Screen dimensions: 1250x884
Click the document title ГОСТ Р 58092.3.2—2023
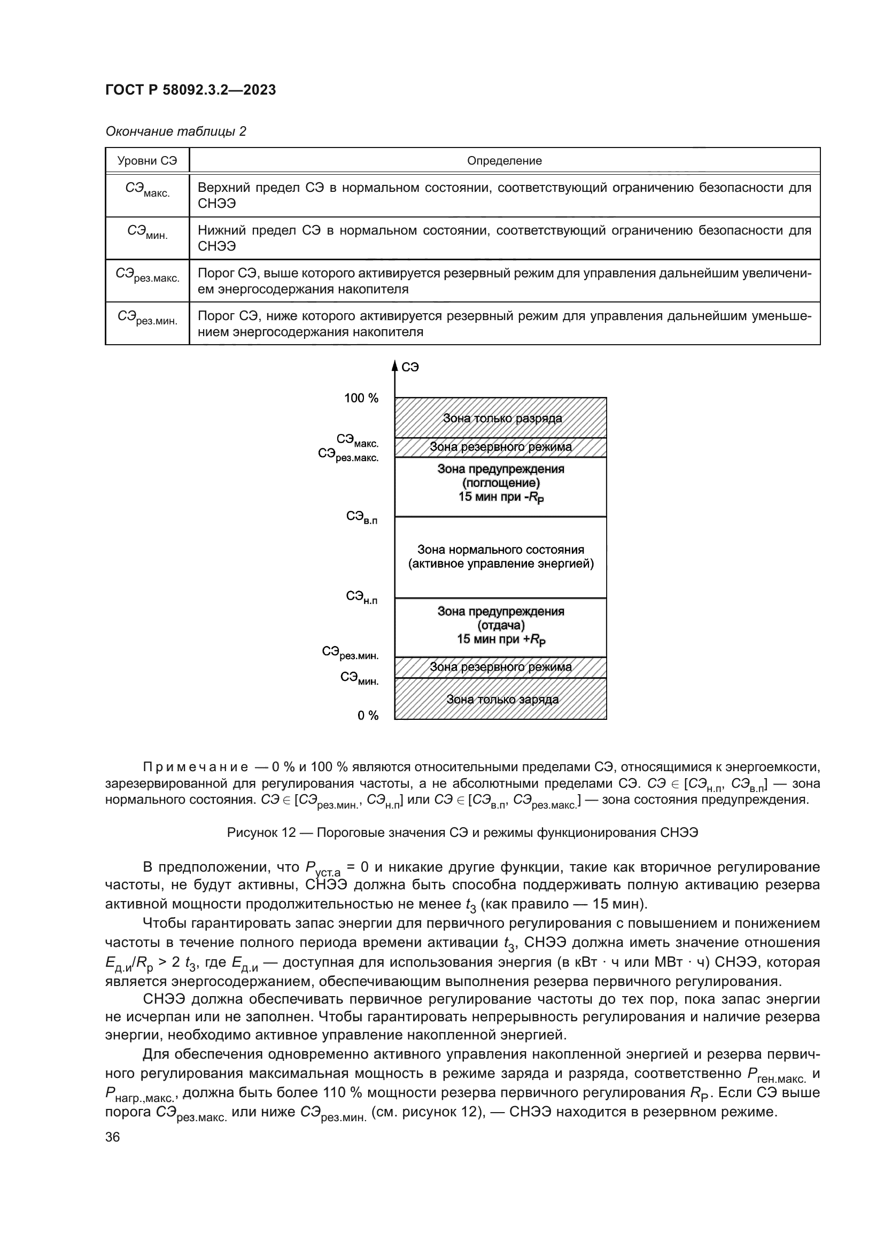(190, 90)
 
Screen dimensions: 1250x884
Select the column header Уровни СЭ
(147, 161)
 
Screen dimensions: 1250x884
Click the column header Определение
(504, 161)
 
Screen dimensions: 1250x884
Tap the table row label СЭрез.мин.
(147, 318)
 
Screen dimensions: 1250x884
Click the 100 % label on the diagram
(361, 399)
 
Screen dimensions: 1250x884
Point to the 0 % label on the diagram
(367, 716)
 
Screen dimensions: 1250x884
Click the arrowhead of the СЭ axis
(394, 366)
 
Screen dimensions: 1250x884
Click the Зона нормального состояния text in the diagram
(500, 550)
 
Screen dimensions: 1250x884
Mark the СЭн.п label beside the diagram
(361, 598)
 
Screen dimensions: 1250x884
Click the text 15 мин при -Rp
(500, 497)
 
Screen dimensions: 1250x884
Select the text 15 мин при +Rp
(501, 639)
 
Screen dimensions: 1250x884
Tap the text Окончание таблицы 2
(175, 132)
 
